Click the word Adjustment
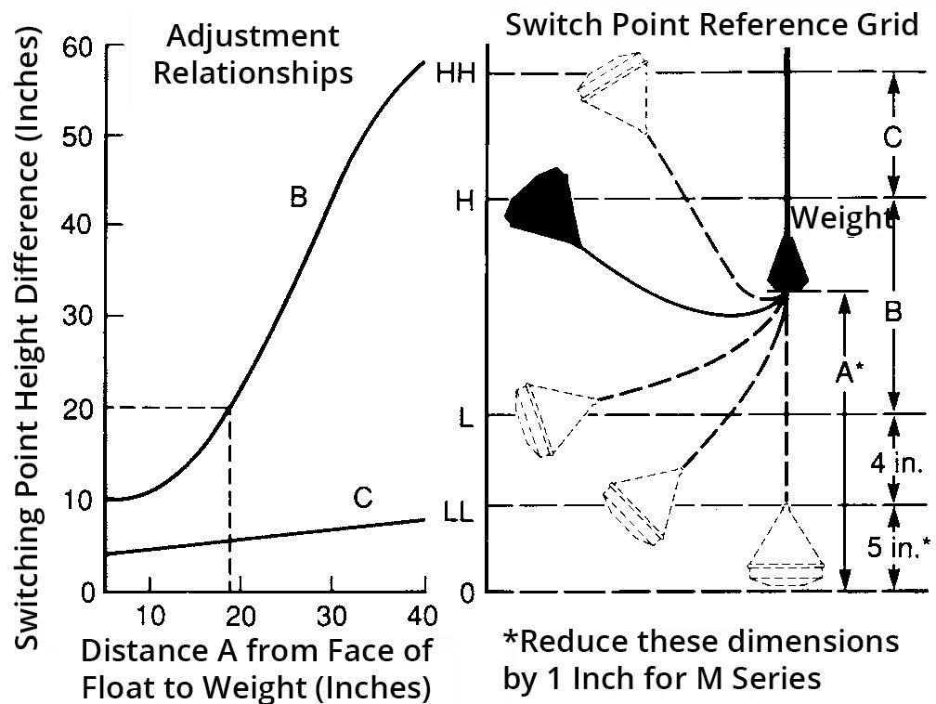click(253, 37)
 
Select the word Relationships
click(253, 73)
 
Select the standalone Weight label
click(837, 219)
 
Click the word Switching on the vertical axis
click(28, 575)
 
